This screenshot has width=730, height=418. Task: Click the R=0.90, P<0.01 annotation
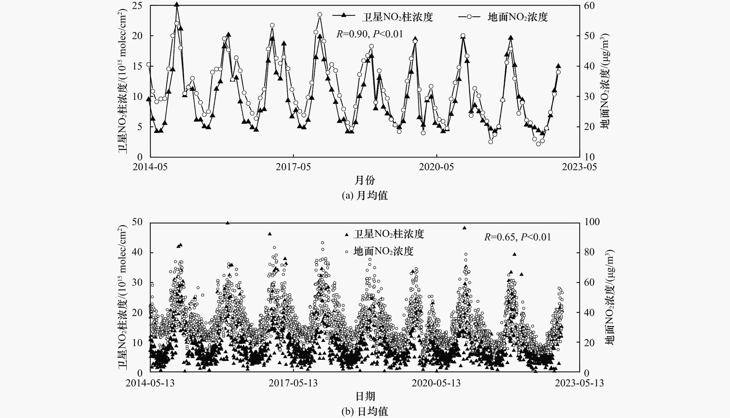370,34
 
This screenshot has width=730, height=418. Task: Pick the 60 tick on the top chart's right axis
589,6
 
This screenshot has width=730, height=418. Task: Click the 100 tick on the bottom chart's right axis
592,222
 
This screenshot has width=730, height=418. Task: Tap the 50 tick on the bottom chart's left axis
137,222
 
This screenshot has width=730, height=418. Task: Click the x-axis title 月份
365,180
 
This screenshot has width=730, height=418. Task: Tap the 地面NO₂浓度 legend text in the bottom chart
383,251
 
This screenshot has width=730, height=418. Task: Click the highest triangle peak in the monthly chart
177,5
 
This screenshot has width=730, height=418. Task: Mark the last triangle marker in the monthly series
558,66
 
